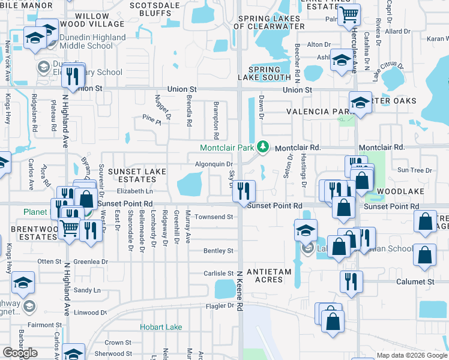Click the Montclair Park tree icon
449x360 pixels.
point(262,146)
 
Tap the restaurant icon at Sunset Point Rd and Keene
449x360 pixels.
point(244,191)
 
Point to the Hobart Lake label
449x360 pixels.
point(161,327)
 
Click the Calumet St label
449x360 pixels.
point(414,281)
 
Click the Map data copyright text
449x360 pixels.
point(412,355)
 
